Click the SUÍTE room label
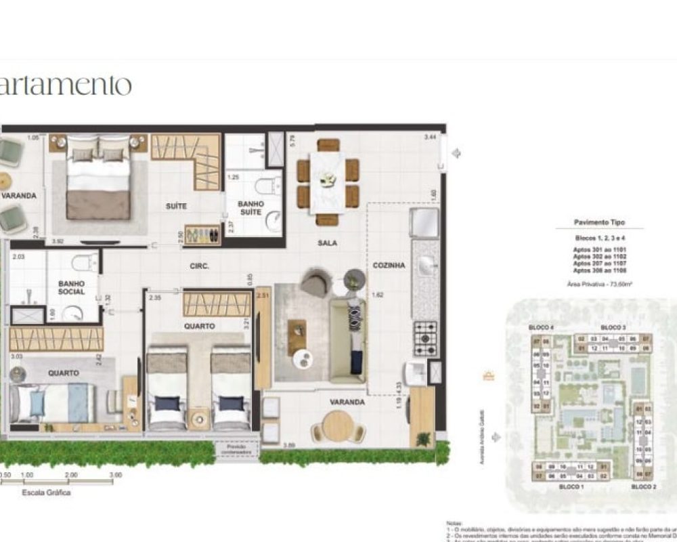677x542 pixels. (176, 205)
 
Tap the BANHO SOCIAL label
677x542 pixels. (71, 288)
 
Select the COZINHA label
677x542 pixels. (389, 266)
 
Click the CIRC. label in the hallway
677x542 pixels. (199, 266)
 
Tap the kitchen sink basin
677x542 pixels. (427, 267)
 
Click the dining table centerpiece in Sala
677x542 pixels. (328, 180)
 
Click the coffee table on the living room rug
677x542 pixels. (297, 337)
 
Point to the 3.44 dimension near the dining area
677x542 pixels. (430, 138)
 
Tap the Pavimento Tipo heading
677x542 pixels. (599, 222)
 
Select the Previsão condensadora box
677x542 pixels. (238, 449)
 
